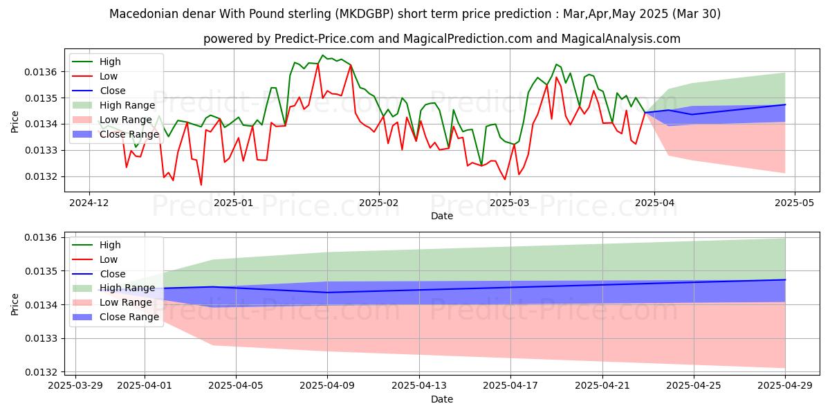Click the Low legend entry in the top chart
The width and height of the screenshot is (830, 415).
[109, 76]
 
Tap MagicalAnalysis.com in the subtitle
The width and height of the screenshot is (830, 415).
[620, 39]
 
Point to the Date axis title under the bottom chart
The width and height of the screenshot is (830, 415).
[442, 399]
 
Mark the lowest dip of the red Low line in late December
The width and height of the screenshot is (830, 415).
[201, 185]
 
